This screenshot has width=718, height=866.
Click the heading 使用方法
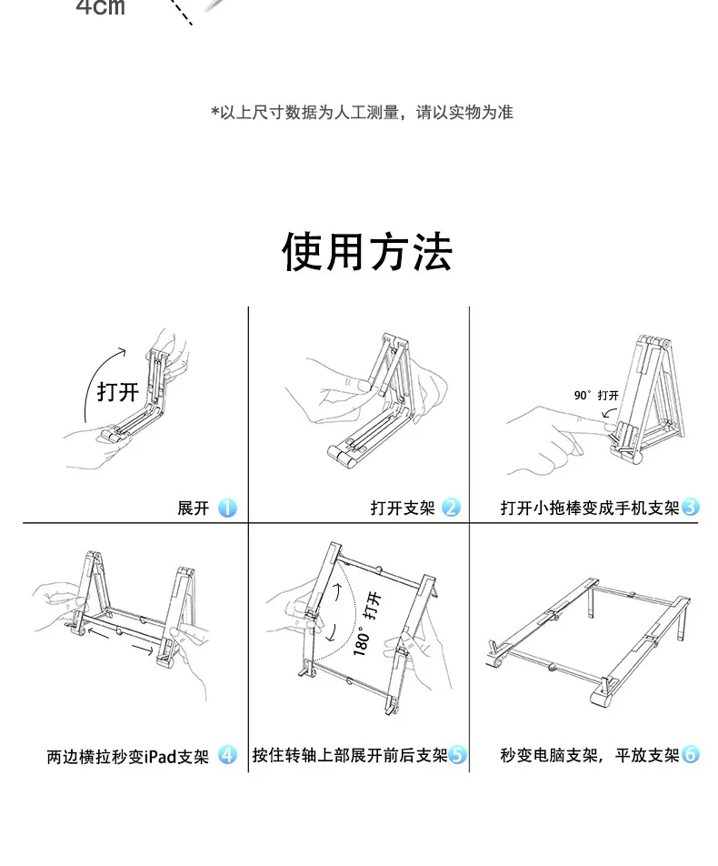pyautogui.click(x=367, y=252)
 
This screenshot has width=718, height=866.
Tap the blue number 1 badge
pyautogui.click(x=227, y=509)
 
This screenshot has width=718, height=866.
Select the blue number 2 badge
pyautogui.click(x=451, y=508)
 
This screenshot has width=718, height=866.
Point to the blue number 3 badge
pyautogui.click(x=691, y=507)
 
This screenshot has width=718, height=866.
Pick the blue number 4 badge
pyautogui.click(x=227, y=755)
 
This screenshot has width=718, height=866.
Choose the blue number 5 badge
pyautogui.click(x=457, y=754)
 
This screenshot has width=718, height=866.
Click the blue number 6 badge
pyautogui.click(x=691, y=754)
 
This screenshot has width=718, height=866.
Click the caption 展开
pyautogui.click(x=194, y=509)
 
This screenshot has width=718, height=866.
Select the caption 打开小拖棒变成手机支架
pyautogui.click(x=590, y=508)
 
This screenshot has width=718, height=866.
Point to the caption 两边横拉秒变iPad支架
pyautogui.click(x=128, y=756)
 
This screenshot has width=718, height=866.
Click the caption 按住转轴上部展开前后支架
pyautogui.click(x=350, y=755)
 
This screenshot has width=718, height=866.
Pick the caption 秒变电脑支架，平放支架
pyautogui.click(x=590, y=755)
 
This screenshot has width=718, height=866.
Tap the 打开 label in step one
pyautogui.click(x=117, y=392)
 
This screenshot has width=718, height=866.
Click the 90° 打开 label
pyautogui.click(x=596, y=396)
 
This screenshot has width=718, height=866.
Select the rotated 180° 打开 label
pyautogui.click(x=367, y=624)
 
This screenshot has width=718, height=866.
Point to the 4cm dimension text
pyautogui.click(x=101, y=7)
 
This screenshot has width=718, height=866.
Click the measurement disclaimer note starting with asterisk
pyautogui.click(x=362, y=113)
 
